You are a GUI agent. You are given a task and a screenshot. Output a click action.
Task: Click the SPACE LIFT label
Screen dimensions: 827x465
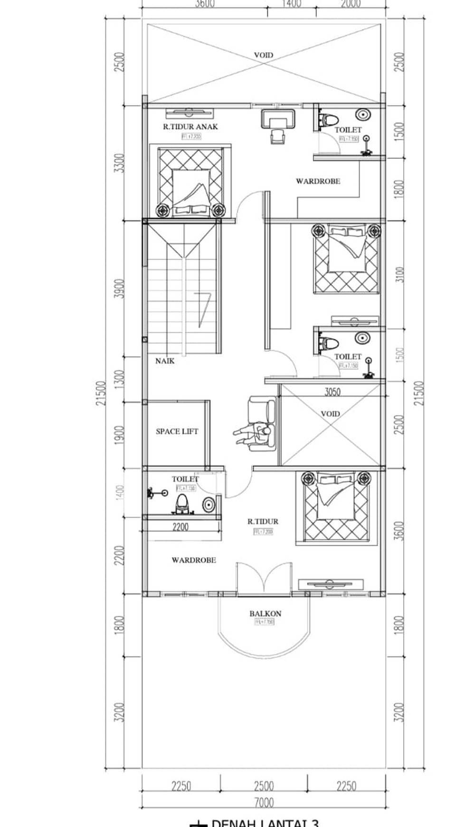coord(177,432)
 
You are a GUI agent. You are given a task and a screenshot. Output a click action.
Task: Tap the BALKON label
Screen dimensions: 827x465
coord(265,614)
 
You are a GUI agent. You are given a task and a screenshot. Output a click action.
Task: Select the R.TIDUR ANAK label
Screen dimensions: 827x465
coord(190,127)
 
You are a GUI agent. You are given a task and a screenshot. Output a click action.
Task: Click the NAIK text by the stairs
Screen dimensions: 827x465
coord(165,361)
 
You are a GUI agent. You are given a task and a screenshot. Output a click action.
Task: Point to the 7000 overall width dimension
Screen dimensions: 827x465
coord(264,803)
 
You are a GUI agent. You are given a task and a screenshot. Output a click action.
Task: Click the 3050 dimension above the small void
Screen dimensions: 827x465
coord(332,392)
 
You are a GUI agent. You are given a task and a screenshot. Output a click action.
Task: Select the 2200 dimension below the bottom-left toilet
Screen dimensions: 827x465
coord(180,527)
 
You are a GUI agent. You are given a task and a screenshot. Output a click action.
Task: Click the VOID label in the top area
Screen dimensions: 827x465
coord(263,55)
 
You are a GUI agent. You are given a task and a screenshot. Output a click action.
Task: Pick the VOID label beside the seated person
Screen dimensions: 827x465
coord(330,414)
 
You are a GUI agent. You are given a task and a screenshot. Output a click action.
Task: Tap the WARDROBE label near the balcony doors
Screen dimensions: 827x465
coord(194,560)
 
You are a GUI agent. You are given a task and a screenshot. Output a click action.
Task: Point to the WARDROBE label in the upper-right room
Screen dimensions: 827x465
coord(318,181)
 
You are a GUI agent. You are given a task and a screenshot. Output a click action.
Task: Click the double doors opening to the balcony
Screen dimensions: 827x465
coord(264,579)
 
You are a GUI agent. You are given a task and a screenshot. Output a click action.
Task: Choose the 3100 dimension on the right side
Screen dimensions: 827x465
coord(399,275)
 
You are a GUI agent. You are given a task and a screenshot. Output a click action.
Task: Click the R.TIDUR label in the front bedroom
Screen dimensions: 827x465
coord(263,521)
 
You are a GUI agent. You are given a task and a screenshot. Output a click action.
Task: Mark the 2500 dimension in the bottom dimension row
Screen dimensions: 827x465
coord(264,786)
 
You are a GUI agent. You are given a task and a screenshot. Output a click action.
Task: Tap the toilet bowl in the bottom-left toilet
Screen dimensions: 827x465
coord(181,504)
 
